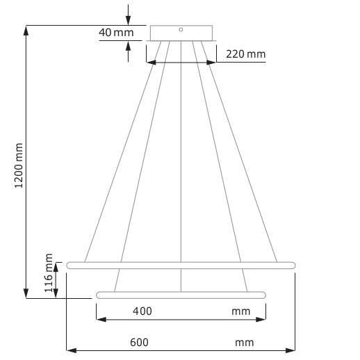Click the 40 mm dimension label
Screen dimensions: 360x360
click(115, 33)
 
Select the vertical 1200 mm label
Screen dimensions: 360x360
click(19, 167)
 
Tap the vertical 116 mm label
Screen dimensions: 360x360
click(49, 273)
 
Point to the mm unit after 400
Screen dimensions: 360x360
click(240, 311)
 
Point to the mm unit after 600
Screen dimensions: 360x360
click(244, 342)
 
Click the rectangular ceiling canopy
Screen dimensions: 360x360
click(181, 33)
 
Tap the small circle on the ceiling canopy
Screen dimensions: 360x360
click(181, 29)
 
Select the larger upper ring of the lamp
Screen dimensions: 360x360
click(181, 265)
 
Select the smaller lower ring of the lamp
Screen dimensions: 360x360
click(181, 295)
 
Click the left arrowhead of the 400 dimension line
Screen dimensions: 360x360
click(99, 320)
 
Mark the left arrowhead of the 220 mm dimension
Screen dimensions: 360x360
click(149, 62)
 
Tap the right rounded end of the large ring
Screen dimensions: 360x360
click(293, 265)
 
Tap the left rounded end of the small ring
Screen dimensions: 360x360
click(99, 295)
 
